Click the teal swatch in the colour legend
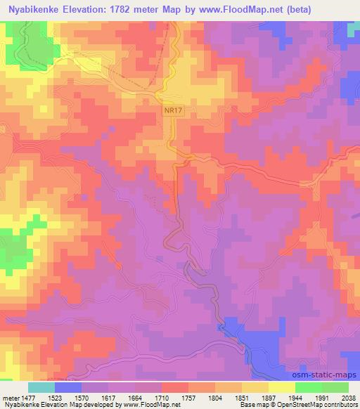pyautogui.click(x=41, y=387)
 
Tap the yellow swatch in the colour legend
pyautogui.click(x=282, y=387)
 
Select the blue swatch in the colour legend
pyautogui.click(x=68, y=387)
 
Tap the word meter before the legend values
pyautogui.click(x=11, y=397)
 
